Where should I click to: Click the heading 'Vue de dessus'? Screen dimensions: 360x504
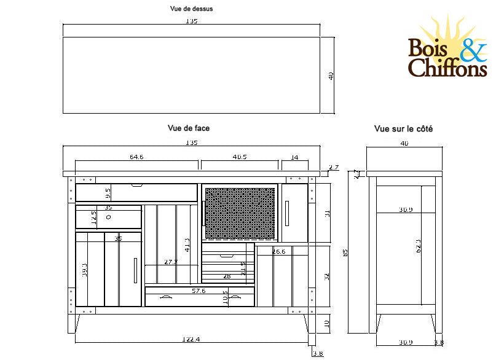point(191,9)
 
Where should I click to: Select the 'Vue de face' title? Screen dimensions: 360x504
point(189,128)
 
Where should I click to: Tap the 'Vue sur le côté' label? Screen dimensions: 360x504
point(403,129)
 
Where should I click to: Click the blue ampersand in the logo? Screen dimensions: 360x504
point(471,50)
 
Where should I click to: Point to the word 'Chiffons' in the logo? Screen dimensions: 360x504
point(447,69)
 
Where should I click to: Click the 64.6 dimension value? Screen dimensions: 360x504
point(136,157)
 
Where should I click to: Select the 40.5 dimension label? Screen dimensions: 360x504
point(240,157)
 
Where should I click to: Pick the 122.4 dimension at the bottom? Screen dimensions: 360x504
point(192,338)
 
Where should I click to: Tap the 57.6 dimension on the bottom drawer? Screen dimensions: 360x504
point(198,290)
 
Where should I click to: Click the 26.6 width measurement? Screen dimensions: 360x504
point(279,251)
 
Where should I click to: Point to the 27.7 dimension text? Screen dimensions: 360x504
point(171,262)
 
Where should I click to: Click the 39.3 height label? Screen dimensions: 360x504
point(85,269)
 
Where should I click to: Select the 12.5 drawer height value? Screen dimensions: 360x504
point(94,217)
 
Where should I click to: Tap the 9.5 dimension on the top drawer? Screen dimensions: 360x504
point(108,194)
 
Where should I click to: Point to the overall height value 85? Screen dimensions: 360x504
point(345,252)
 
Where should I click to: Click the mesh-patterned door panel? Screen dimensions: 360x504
point(239,213)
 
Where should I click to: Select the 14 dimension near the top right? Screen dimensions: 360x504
point(294,157)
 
